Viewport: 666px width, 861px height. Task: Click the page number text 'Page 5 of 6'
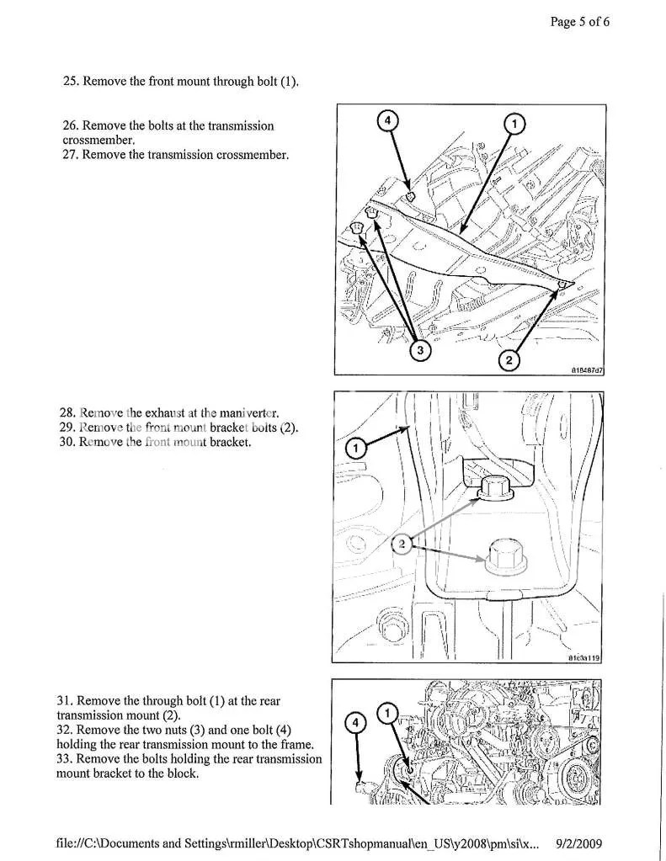point(579,23)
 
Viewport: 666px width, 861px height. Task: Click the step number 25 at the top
point(71,82)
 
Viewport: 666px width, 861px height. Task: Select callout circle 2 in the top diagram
point(508,360)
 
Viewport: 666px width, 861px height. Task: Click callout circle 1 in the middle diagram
point(355,450)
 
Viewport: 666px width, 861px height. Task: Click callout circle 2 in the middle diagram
point(403,545)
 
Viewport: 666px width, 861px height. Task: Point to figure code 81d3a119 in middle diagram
point(583,659)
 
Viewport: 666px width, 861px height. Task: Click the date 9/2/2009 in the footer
point(580,842)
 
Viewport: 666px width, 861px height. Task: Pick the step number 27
point(71,155)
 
